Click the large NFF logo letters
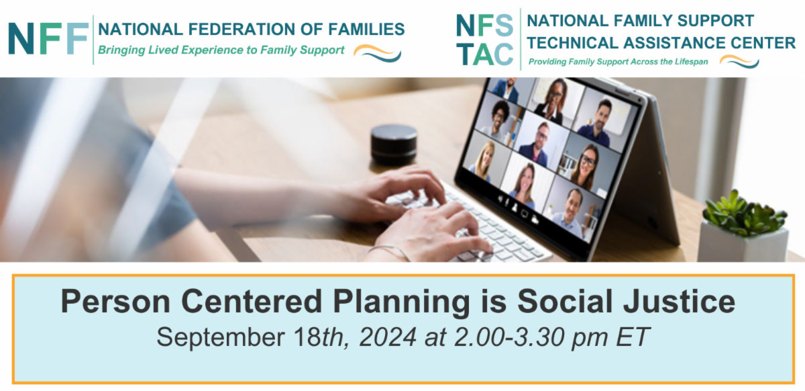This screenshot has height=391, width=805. point(48,38)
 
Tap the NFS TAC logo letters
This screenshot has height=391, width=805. point(484,40)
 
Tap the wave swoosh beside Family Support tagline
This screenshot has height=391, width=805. point(377,53)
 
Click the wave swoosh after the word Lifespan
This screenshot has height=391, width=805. point(739,61)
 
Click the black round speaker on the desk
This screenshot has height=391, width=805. point(394,144)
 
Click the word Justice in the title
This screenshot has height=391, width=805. point(679,302)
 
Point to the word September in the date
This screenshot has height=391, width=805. point(221,337)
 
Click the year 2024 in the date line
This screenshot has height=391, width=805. point(388,337)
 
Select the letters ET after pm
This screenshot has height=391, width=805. point(633,337)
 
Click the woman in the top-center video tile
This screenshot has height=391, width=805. point(551,101)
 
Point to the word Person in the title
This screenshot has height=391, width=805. point(115,302)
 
